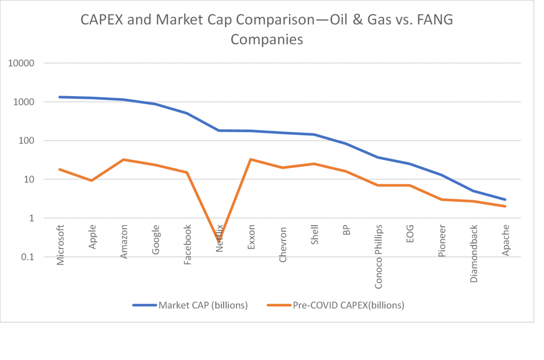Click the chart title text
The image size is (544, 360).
(267, 30)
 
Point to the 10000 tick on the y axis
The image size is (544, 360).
(22, 63)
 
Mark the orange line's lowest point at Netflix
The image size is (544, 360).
(219, 241)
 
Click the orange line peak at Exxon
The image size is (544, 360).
(251, 159)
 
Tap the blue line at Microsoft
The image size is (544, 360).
(61, 97)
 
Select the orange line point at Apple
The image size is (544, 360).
(92, 181)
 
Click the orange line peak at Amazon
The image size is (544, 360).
(124, 159)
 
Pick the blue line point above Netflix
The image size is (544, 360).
(219, 131)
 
